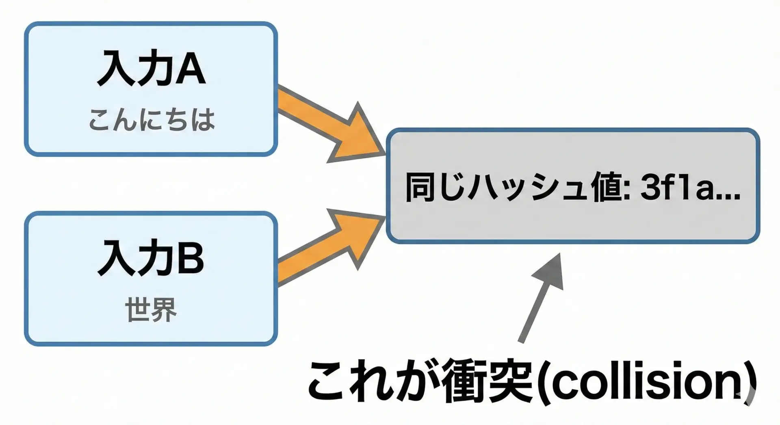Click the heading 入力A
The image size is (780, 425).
pos(151,68)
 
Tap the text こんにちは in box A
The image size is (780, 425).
pos(152,120)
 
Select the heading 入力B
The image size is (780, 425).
pos(151,258)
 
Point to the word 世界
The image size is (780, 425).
pos(151,309)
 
